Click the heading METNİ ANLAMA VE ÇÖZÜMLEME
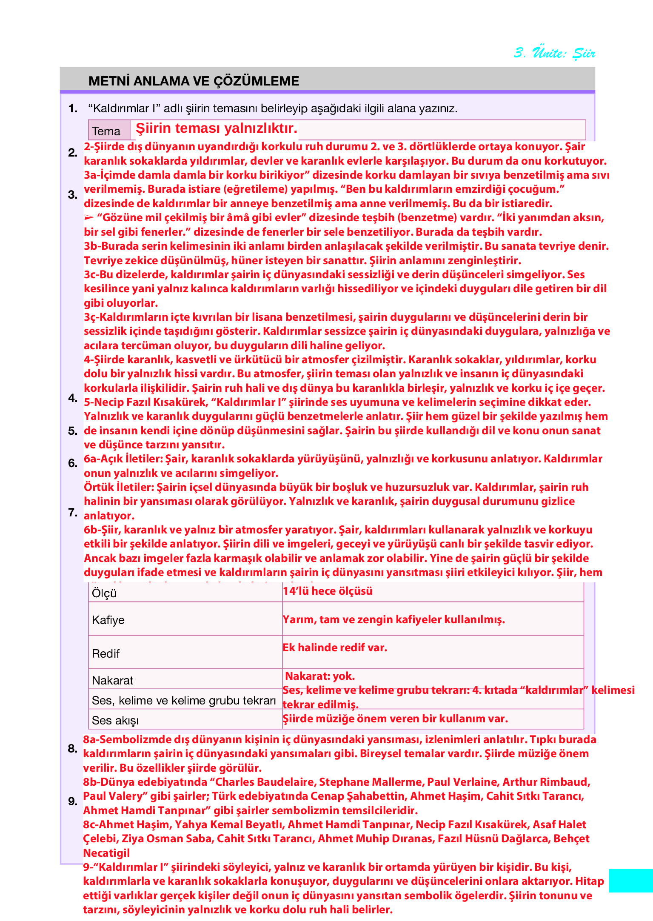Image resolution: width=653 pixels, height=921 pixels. [x=194, y=81]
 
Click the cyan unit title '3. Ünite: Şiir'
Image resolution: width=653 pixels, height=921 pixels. [x=554, y=53]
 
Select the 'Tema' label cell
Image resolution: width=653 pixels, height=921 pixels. [x=106, y=131]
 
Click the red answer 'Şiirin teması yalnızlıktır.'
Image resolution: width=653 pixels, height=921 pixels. [x=216, y=128]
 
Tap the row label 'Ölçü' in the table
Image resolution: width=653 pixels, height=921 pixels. [x=104, y=593]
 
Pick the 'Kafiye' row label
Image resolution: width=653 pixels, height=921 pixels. [x=108, y=620]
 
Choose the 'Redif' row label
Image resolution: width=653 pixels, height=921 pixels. [x=106, y=653]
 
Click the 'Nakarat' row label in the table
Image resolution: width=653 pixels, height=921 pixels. [x=113, y=680]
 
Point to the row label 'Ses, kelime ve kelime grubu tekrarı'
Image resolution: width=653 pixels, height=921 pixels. [x=184, y=700]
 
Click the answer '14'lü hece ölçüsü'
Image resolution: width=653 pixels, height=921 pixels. [x=328, y=591]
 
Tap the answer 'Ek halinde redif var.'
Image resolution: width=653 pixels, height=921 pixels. [x=335, y=647]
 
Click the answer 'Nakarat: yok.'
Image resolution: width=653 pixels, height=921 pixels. [x=320, y=676]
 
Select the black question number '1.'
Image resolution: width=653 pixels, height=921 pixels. [x=73, y=108]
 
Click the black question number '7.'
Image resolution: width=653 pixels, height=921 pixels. [x=73, y=512]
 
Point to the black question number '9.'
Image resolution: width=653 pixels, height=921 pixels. [x=73, y=801]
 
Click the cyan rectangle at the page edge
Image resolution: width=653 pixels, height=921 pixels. [x=630, y=880]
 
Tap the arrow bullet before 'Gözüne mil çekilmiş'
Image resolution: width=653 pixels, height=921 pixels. [x=89, y=217]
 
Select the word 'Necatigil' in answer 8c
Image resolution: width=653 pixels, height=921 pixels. [x=106, y=853]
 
